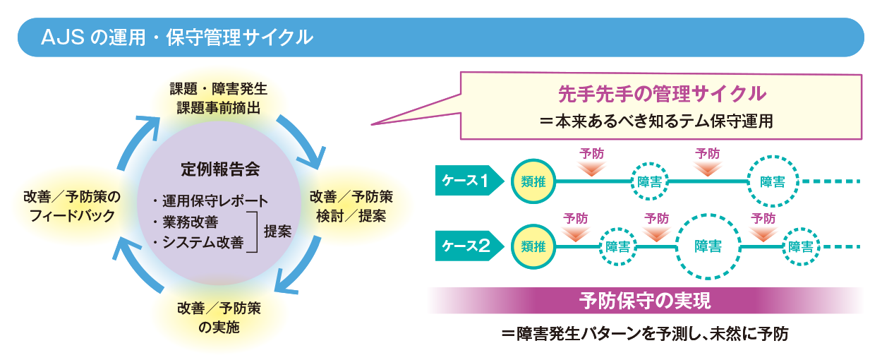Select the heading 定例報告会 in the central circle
(220, 169)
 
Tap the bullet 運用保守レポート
(215, 201)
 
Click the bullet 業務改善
(191, 222)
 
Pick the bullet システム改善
(203, 242)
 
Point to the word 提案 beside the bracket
(277, 232)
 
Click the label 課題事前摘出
(219, 107)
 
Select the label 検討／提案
(351, 216)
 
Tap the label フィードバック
(72, 216)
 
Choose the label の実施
(219, 327)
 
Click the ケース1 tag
(469, 181)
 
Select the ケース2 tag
(469, 246)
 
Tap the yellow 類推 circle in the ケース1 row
(533, 181)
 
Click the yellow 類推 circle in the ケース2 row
(533, 246)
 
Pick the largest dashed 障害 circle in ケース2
(708, 246)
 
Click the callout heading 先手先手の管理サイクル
(662, 94)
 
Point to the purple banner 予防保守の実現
(646, 301)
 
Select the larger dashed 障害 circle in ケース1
(773, 181)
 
